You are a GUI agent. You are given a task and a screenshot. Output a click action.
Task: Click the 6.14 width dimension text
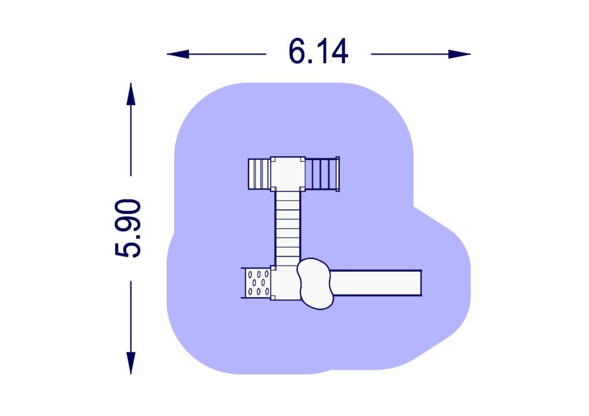pos(318,53)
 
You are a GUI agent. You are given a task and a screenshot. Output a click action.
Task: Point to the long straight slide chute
pos(377,283)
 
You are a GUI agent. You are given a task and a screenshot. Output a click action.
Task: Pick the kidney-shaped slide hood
pos(315,283)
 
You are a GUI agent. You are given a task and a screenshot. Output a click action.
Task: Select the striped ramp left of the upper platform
pos(259,174)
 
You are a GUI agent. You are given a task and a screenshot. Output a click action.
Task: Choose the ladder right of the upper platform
pos(321,174)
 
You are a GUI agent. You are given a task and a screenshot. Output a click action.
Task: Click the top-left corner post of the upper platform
pos(273,160)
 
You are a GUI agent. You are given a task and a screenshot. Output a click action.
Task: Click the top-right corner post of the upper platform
pos(302,160)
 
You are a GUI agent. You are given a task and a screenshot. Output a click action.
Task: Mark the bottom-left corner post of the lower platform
pos(273,297)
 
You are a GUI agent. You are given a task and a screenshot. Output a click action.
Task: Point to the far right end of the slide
pos(420,283)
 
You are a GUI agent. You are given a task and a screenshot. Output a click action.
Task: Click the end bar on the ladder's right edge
pos(338,174)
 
